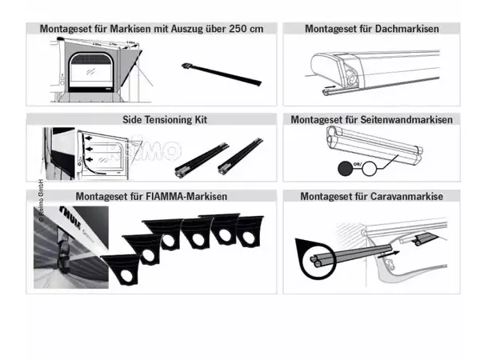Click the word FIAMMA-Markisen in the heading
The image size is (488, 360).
(x=190, y=195)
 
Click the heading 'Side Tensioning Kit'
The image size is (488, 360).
(x=152, y=118)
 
